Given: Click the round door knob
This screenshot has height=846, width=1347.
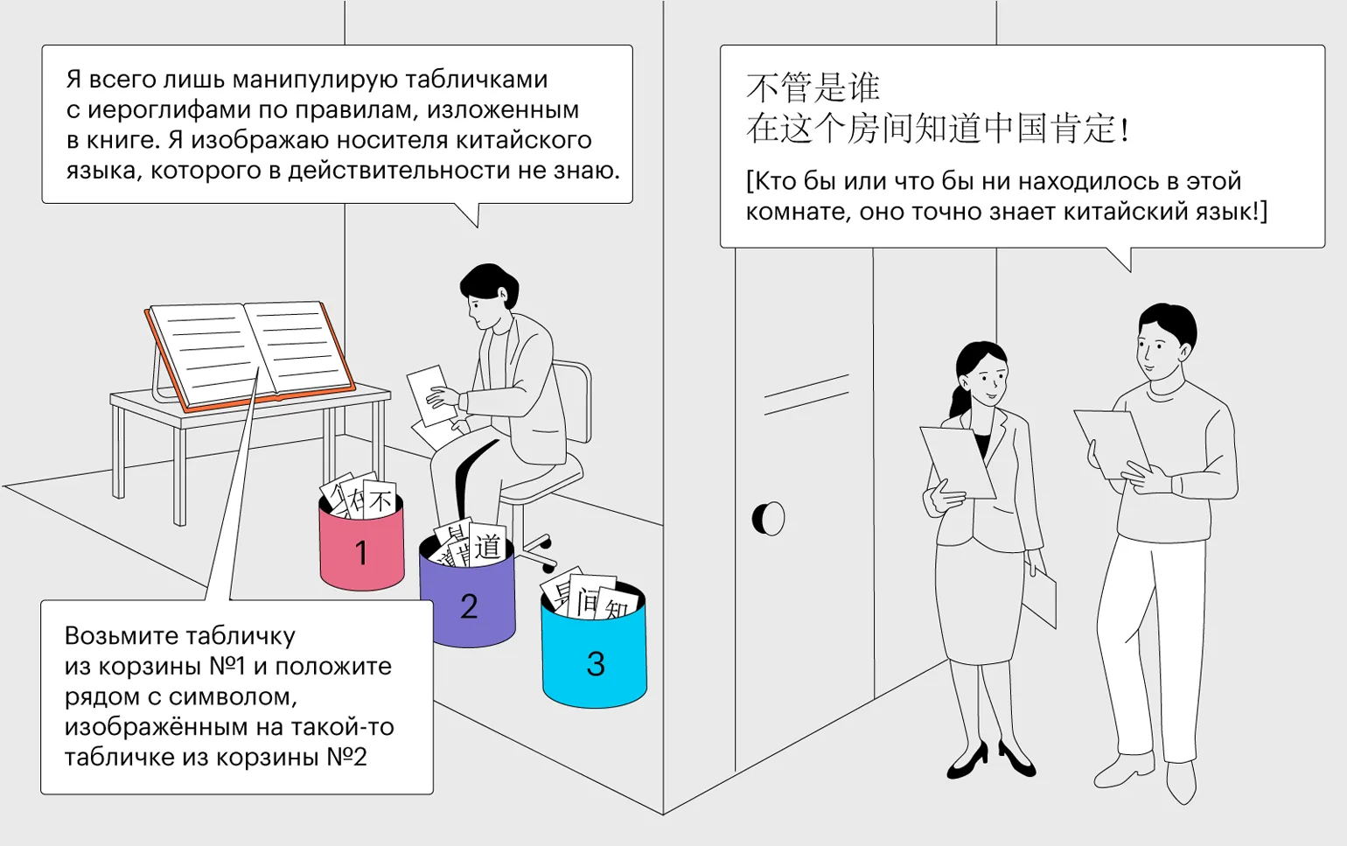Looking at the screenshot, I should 769,519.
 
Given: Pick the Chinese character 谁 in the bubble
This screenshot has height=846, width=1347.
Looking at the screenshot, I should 863,88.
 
